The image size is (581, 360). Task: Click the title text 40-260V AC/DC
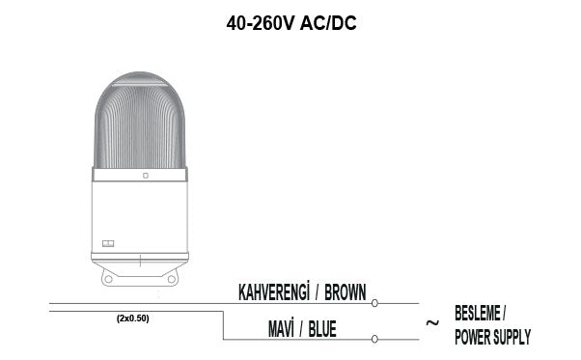pos(291,23)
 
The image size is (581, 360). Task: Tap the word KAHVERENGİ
pos(274,291)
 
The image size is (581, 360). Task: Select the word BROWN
pos(346,291)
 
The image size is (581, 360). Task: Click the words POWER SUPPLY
pos(491,337)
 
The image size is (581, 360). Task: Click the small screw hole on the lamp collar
pos(145,176)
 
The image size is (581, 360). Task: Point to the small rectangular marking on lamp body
pos(108,243)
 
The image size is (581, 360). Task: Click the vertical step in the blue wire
pos(224,324)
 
